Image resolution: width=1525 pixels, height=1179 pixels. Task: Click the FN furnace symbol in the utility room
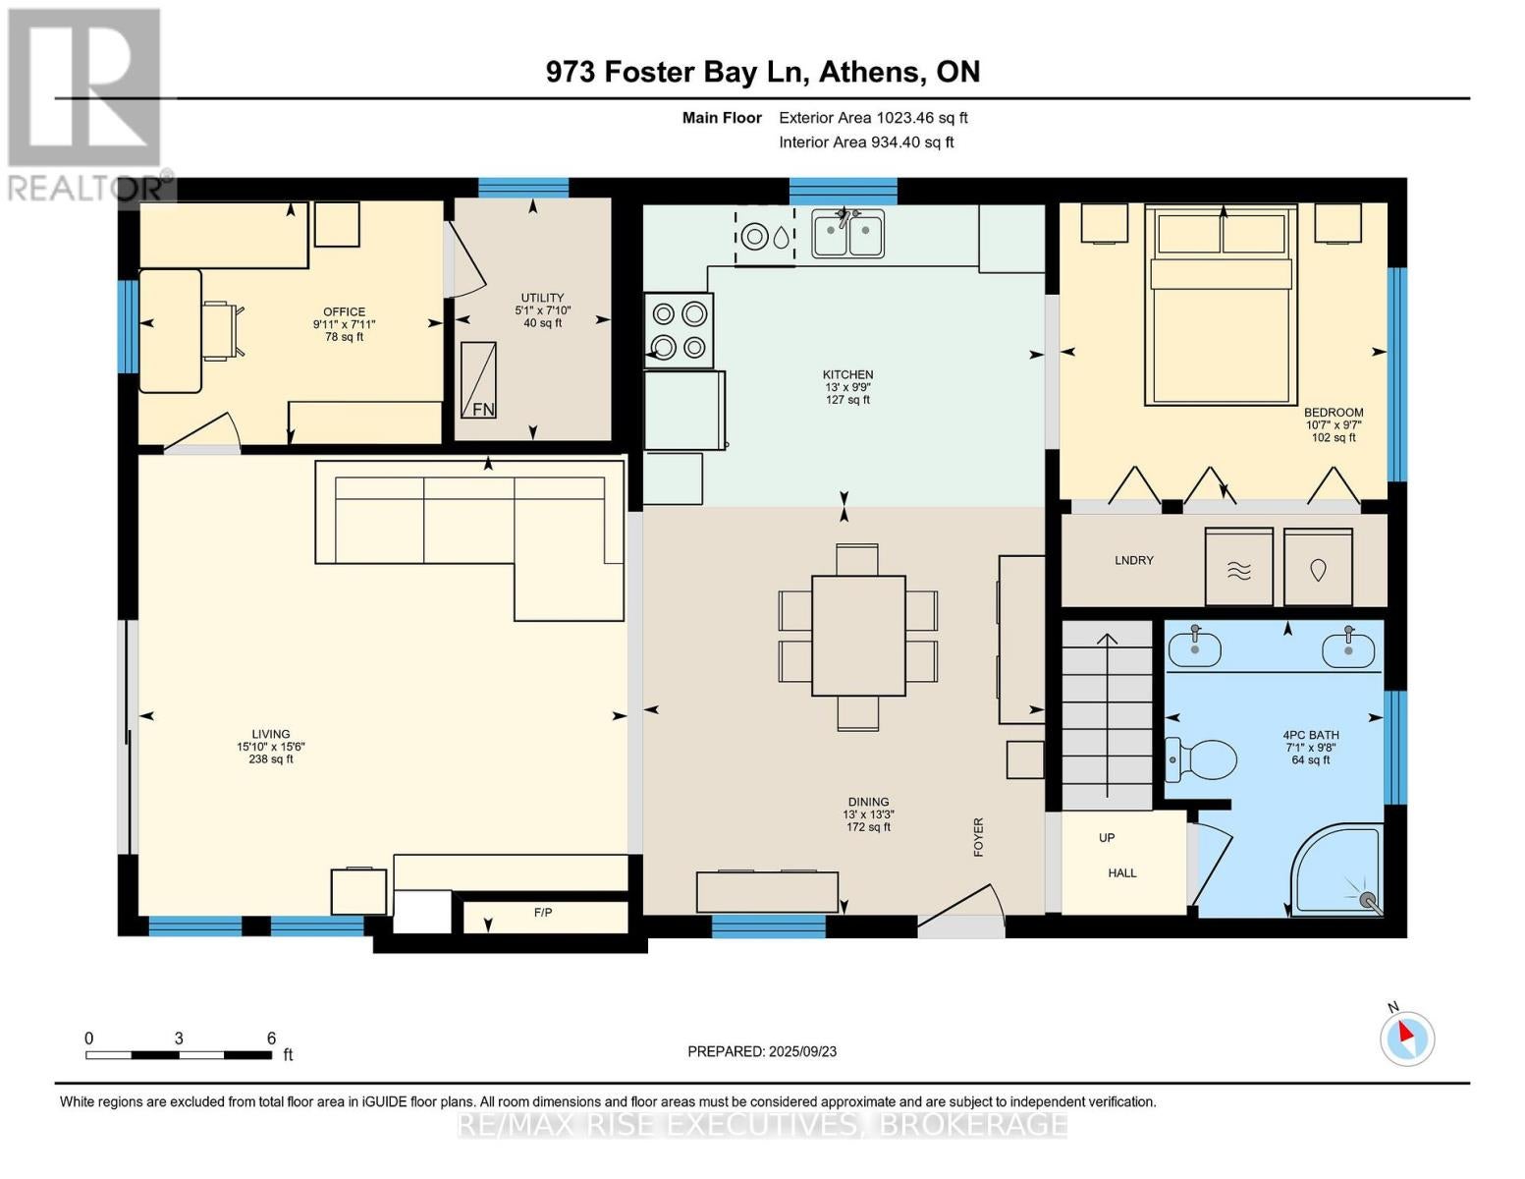click(478, 380)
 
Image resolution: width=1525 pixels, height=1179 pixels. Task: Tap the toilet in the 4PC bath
click(1200, 759)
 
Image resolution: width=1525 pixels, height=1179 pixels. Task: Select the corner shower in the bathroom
click(1337, 870)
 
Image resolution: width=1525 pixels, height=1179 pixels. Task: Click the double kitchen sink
click(847, 233)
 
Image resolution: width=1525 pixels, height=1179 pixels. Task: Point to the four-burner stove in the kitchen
click(679, 330)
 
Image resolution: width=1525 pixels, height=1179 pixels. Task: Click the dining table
click(858, 636)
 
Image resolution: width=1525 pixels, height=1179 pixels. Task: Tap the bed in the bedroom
click(1222, 305)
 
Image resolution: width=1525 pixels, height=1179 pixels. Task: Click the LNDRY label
click(1134, 560)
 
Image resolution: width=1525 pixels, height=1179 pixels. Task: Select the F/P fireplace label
click(543, 912)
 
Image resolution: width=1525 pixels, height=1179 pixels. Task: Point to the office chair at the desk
click(224, 331)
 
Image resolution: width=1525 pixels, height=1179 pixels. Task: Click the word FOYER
click(978, 837)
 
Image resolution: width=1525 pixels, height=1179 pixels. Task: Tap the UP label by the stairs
click(1107, 838)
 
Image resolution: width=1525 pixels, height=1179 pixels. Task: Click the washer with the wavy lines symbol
click(1238, 566)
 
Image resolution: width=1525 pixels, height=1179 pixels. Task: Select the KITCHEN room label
click(847, 375)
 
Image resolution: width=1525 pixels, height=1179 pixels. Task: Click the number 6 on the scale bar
click(272, 1038)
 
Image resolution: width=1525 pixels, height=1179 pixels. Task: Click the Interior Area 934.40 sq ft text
click(866, 141)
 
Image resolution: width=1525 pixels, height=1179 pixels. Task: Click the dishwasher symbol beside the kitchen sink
click(765, 237)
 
